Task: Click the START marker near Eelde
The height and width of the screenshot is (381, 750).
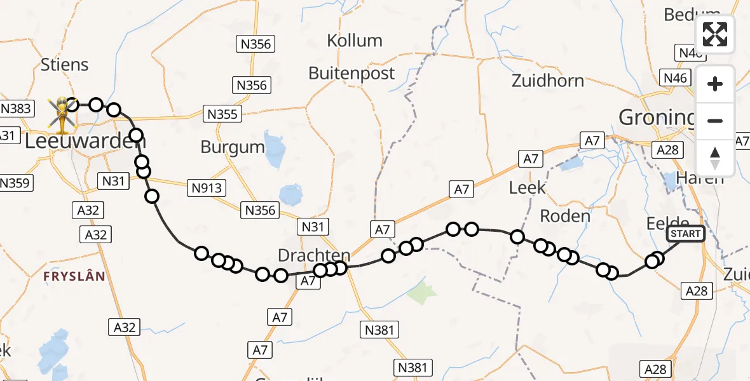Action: (x=685, y=234)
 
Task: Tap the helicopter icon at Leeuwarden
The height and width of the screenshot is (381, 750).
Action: (x=62, y=115)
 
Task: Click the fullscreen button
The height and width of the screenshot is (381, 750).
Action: (x=715, y=34)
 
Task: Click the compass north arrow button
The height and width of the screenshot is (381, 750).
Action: (x=715, y=158)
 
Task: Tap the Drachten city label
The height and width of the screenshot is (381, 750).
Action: (x=314, y=256)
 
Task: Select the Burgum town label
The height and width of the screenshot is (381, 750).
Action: (x=233, y=147)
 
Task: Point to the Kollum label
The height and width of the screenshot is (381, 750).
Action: (x=355, y=41)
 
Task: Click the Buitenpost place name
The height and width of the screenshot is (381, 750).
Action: (x=351, y=73)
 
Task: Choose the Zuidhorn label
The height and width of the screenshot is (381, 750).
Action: (x=547, y=81)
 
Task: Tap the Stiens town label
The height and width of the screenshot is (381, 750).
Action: (x=64, y=65)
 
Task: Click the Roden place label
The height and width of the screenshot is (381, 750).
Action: (x=565, y=216)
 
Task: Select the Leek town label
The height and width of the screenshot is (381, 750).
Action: (x=528, y=187)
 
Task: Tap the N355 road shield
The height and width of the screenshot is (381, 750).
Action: (x=222, y=114)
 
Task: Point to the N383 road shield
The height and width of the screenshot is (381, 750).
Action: (x=16, y=108)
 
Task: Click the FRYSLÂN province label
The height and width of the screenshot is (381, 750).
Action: (x=74, y=276)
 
